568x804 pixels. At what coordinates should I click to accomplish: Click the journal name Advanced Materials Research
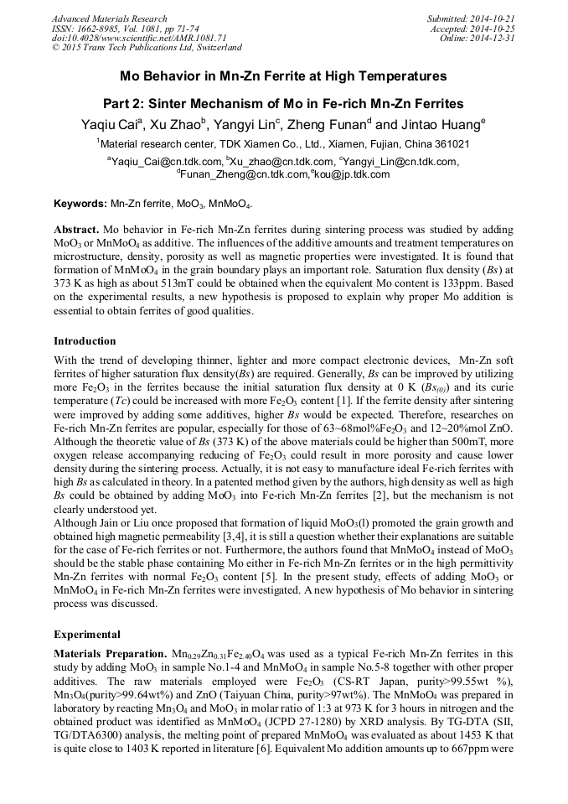point(109,18)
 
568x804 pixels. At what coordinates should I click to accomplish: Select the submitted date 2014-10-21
point(491,18)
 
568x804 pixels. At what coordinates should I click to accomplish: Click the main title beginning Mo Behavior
point(283,76)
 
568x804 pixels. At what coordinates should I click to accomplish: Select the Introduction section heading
point(85,341)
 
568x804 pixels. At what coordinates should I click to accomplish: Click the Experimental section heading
point(87,634)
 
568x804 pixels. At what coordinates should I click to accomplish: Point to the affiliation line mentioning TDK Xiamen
point(283,144)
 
